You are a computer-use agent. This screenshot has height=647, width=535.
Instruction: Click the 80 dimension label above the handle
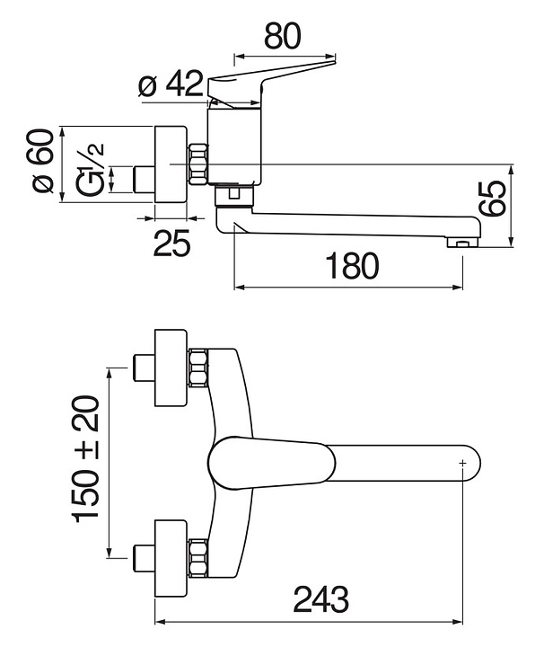(283, 36)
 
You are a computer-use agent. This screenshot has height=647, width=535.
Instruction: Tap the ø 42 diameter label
(171, 84)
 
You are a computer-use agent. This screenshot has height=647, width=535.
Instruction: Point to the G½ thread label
(90, 169)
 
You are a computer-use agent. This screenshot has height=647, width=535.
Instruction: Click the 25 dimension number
(171, 243)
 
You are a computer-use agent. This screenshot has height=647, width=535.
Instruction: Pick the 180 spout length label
(352, 266)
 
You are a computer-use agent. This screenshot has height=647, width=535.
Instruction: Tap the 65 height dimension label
(494, 198)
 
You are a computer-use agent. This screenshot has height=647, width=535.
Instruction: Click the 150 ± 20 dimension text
(85, 458)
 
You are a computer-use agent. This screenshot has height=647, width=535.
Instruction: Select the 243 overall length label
(321, 599)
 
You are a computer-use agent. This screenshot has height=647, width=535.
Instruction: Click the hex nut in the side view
(197, 164)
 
